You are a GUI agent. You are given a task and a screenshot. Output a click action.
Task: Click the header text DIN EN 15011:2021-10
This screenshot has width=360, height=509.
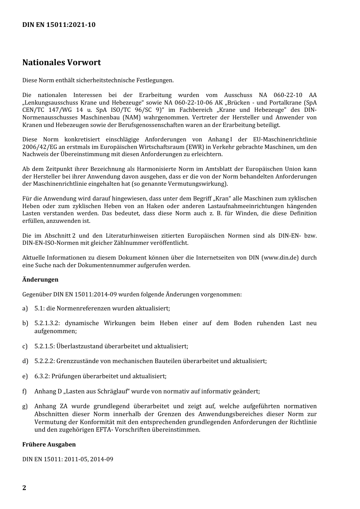tap(59, 25)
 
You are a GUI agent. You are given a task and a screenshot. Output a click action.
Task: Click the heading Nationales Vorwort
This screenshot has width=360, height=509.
tap(61, 63)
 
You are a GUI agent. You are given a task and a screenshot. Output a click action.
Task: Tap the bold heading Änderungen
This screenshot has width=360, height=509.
tap(40, 280)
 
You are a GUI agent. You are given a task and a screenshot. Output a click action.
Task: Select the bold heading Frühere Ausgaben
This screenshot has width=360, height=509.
tap(49, 445)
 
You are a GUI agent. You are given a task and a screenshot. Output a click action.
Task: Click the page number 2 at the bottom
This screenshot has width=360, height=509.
tap(24, 488)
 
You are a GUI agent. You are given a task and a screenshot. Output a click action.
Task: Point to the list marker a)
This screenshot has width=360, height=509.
tap(25, 309)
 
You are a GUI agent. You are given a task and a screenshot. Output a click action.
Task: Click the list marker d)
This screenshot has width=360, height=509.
tap(25, 361)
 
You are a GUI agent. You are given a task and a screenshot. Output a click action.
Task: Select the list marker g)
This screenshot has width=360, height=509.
tap(25, 407)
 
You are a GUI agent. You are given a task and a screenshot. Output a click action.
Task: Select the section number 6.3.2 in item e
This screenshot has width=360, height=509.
tap(42, 376)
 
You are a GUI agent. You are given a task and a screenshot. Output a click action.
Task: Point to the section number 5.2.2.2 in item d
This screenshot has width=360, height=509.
tap(44, 361)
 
